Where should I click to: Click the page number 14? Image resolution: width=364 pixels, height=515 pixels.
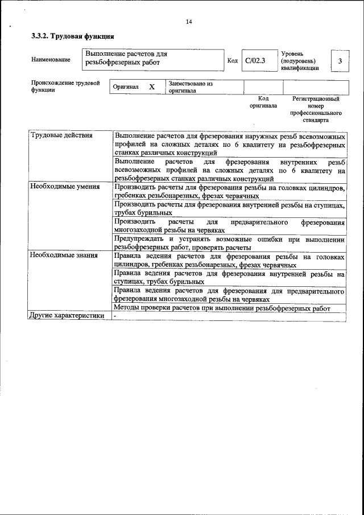[x=189, y=22]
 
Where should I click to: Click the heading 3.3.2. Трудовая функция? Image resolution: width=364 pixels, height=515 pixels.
[x=68, y=36]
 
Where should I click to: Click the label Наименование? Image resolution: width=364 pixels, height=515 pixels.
[x=51, y=60]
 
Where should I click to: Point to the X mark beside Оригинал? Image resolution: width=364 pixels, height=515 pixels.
[x=152, y=87]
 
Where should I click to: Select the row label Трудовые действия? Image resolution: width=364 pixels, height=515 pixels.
[x=61, y=135]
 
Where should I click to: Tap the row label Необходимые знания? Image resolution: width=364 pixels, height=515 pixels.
[x=64, y=256]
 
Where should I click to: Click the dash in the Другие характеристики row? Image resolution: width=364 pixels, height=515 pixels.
[x=115, y=315]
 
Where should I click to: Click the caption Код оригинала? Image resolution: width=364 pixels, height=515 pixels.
[x=263, y=102]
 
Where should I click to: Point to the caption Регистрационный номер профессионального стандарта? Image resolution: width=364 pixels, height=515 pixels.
[x=316, y=109]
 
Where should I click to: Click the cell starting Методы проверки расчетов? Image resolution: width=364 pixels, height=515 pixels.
[x=222, y=308]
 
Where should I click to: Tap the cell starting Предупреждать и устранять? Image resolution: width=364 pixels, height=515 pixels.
[x=230, y=243]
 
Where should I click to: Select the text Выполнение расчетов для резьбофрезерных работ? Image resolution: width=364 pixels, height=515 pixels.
[x=126, y=57]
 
